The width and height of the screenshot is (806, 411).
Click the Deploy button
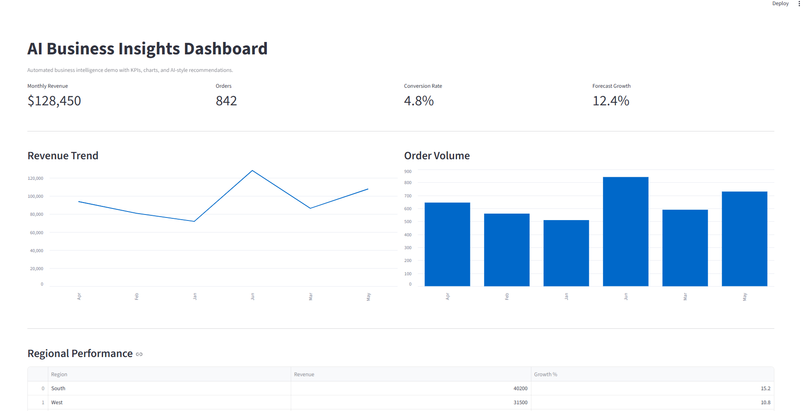780,3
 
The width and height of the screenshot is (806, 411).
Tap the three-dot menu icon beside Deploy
799,3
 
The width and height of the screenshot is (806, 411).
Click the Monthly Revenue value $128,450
54,101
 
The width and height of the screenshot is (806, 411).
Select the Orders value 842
226,101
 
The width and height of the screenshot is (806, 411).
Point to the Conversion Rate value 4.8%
419,101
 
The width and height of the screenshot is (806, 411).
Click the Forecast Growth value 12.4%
611,101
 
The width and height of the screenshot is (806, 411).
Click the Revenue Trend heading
63,156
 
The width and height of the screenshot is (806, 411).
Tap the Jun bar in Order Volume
626,231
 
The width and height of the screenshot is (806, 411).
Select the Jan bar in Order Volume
566,253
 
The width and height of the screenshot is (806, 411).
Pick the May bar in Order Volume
744,238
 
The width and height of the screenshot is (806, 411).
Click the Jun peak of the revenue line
252,171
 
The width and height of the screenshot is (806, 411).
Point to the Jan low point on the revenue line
195,221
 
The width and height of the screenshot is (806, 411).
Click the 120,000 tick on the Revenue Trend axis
35,179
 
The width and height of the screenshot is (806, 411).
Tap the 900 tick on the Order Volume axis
408,172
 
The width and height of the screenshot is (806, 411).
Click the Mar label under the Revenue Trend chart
311,297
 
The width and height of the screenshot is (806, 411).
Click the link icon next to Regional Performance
139,354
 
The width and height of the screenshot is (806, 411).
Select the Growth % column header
546,375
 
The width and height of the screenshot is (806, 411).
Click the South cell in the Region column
58,388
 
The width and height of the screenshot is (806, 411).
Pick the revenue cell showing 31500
520,402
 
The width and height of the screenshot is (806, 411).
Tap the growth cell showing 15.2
765,388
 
